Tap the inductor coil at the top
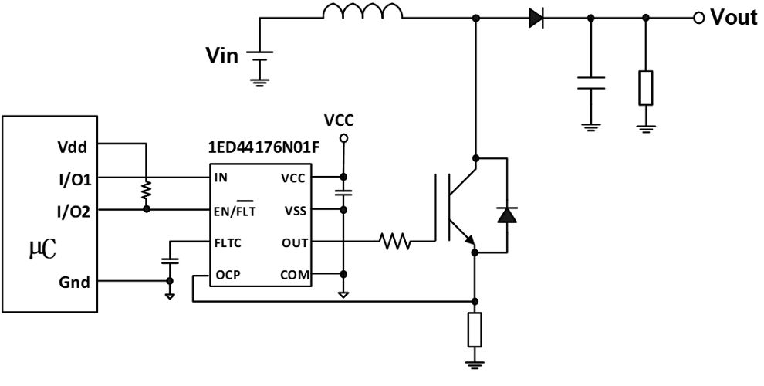coord(362,12)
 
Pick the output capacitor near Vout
coord(591,83)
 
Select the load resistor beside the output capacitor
coord(646,87)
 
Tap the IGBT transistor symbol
coord(460,207)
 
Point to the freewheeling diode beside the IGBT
coord(506,215)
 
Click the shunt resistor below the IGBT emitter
coord(475,330)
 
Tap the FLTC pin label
coord(229,242)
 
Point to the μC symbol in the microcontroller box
coord(43,249)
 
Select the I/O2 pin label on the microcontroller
coord(74,210)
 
